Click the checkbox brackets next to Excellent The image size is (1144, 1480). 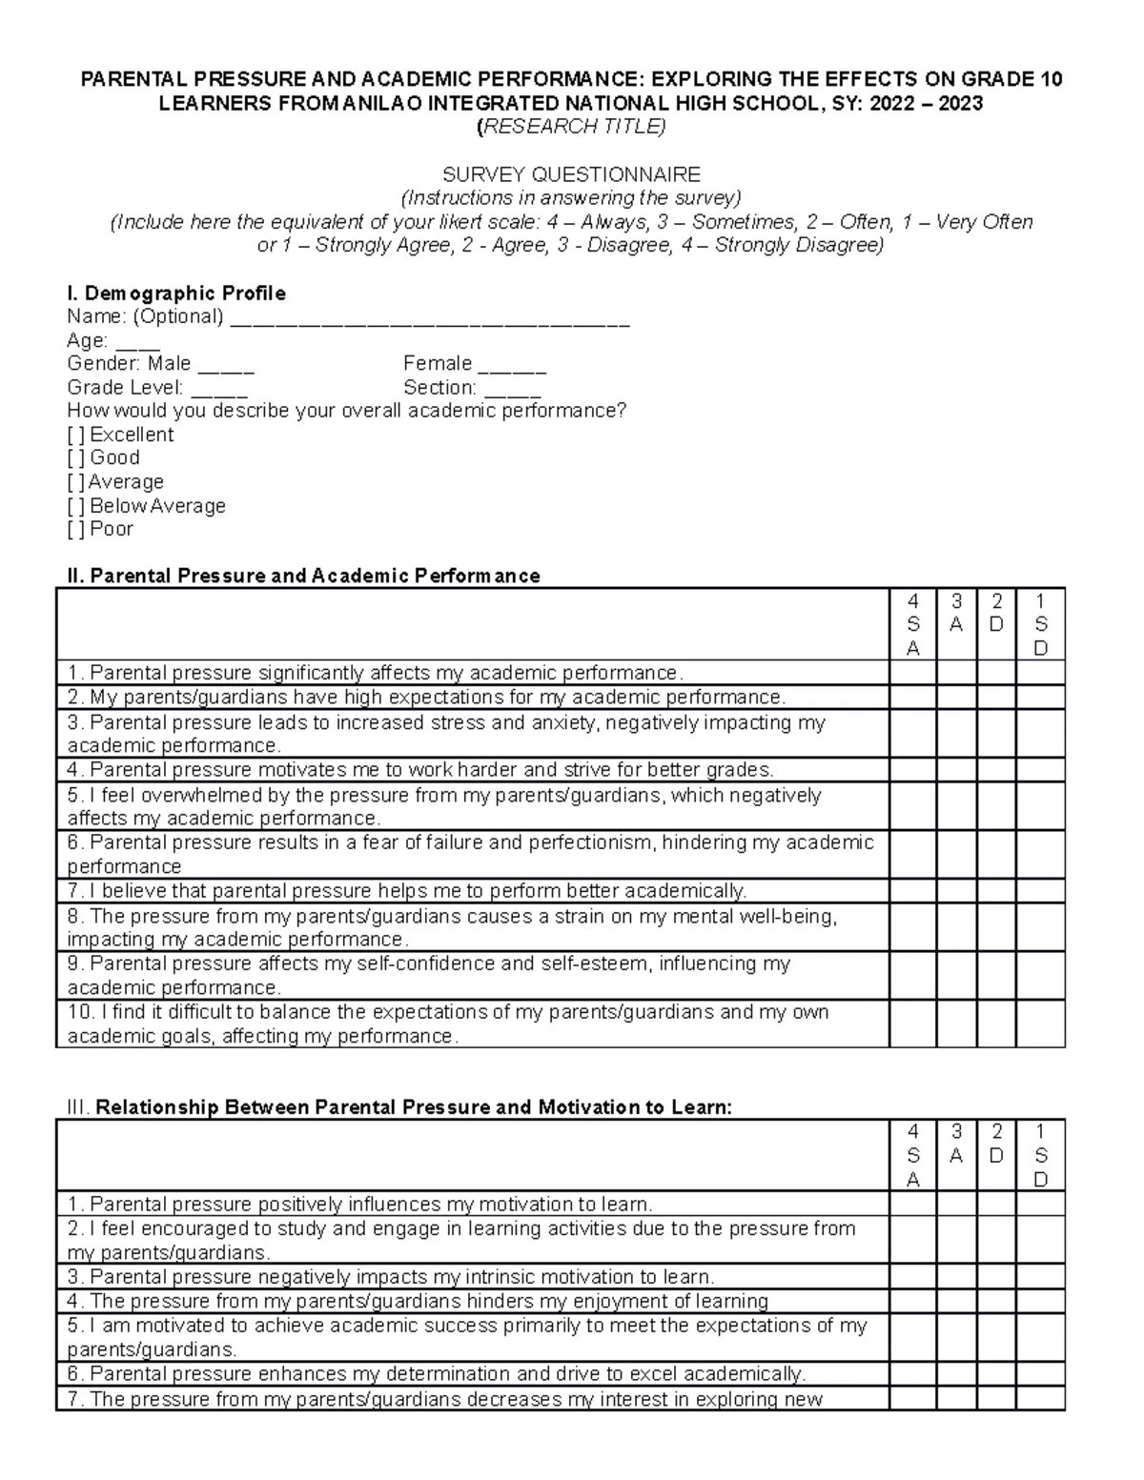(75, 435)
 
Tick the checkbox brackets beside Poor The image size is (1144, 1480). (75, 529)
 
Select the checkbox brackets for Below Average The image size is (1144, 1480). (75, 506)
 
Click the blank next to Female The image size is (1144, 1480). (511, 367)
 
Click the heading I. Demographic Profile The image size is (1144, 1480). (175, 293)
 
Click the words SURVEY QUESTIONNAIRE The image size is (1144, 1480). (571, 174)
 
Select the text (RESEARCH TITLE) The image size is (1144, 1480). (571, 127)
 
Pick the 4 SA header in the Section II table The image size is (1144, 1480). (912, 624)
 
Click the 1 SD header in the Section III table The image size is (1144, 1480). (1040, 1155)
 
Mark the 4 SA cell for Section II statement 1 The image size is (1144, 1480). (912, 672)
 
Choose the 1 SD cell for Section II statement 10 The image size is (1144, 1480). (1040, 1024)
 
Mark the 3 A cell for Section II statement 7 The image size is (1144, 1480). (956, 891)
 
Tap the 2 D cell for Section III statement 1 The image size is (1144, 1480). (996, 1204)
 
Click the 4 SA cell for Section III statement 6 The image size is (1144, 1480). (912, 1374)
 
